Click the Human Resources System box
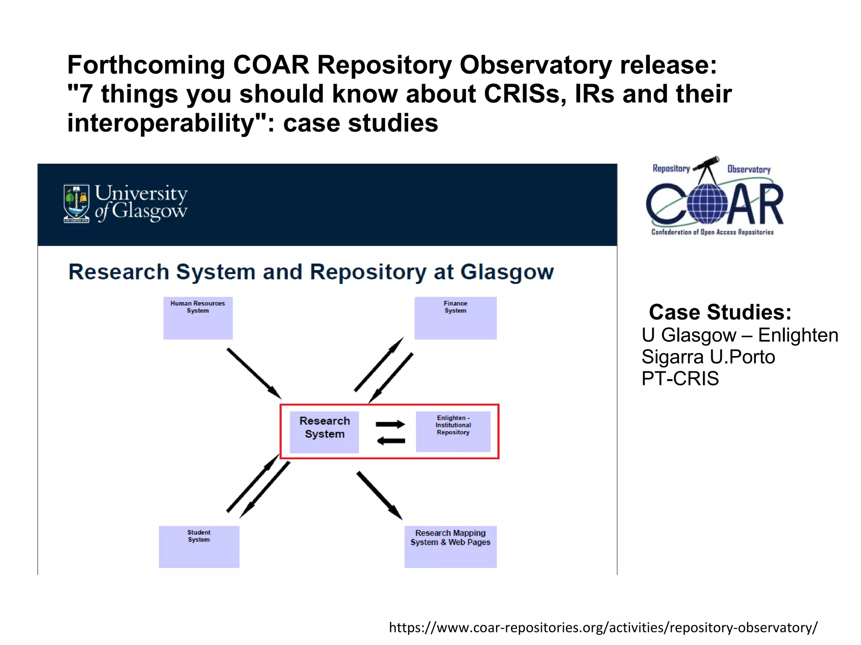(x=198, y=318)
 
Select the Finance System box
(x=455, y=318)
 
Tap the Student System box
(x=199, y=547)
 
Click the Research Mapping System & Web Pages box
(x=450, y=547)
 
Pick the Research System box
(x=324, y=432)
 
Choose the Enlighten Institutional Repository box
(x=453, y=432)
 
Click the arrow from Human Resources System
(x=254, y=373)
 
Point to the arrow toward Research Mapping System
(x=379, y=495)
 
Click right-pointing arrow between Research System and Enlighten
(x=390, y=424)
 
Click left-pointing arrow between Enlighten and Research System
(x=391, y=441)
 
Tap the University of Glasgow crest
(x=76, y=204)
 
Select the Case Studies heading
(x=720, y=312)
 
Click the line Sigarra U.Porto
(x=708, y=357)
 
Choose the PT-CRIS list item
(x=680, y=379)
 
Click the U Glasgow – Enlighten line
(x=740, y=335)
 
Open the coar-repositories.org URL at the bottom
(x=603, y=627)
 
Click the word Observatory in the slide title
(x=535, y=65)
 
